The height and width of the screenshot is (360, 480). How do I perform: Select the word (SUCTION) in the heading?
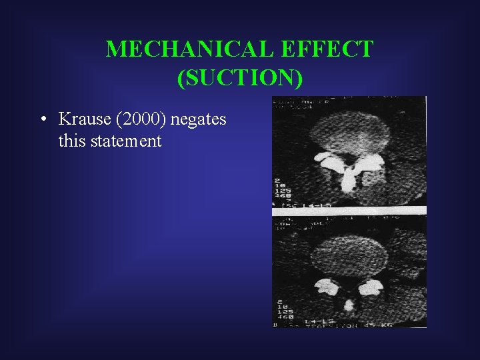[240, 78]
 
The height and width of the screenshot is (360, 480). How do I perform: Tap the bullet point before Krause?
[42, 121]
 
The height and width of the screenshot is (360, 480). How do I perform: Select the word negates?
[199, 120]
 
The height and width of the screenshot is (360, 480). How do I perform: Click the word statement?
[127, 141]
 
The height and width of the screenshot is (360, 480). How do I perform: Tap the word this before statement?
[71, 141]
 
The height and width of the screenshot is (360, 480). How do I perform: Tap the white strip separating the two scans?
[349, 210]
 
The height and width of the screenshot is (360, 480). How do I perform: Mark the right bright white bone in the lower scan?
[371, 287]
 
